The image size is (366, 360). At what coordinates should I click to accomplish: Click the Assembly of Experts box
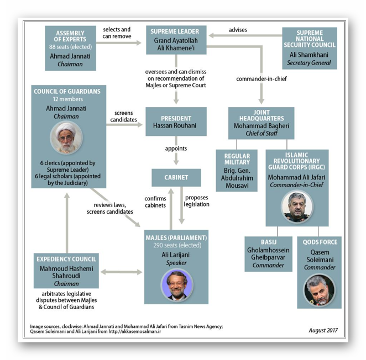point(70,48)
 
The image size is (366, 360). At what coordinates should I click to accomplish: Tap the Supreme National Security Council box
point(310,48)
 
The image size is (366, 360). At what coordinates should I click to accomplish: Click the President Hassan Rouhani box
point(176,121)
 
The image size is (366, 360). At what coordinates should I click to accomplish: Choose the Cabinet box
point(176,178)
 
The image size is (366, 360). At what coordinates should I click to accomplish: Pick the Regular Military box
point(237,171)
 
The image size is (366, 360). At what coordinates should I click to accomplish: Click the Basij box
point(269,253)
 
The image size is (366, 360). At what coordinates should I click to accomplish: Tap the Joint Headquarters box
point(261,122)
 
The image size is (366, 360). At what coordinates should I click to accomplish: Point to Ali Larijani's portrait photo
point(176,284)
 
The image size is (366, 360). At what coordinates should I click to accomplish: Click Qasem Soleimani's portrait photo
point(319,289)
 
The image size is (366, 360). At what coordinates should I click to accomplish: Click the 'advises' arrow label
point(237,30)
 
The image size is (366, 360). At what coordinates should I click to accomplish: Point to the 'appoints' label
point(176,149)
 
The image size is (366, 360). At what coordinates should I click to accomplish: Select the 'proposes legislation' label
point(197,201)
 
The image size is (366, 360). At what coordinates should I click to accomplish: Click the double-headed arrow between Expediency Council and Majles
point(121,272)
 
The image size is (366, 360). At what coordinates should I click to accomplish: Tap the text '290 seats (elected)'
point(176,245)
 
